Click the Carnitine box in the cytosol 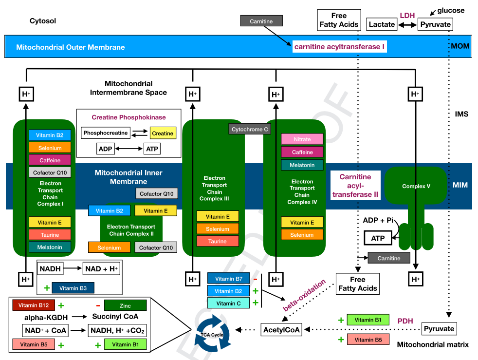tap(261, 21)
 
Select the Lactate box tap(382, 24)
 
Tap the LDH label tap(407, 16)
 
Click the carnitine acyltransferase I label tap(339, 47)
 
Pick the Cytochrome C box tap(250, 130)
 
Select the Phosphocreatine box tap(106, 133)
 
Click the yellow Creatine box tap(163, 133)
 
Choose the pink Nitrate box tap(302, 139)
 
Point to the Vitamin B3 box tap(73, 288)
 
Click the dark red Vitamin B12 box tap(34, 305)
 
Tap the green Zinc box tap(125, 306)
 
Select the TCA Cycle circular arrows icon tap(212, 334)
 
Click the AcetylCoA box tap(281, 330)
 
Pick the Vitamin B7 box tap(229, 279)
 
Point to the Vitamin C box tap(228, 303)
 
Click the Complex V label tap(416, 186)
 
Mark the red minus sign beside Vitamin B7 tap(255, 279)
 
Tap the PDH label tap(405, 321)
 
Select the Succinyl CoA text tap(115, 317)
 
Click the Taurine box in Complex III tap(218, 241)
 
